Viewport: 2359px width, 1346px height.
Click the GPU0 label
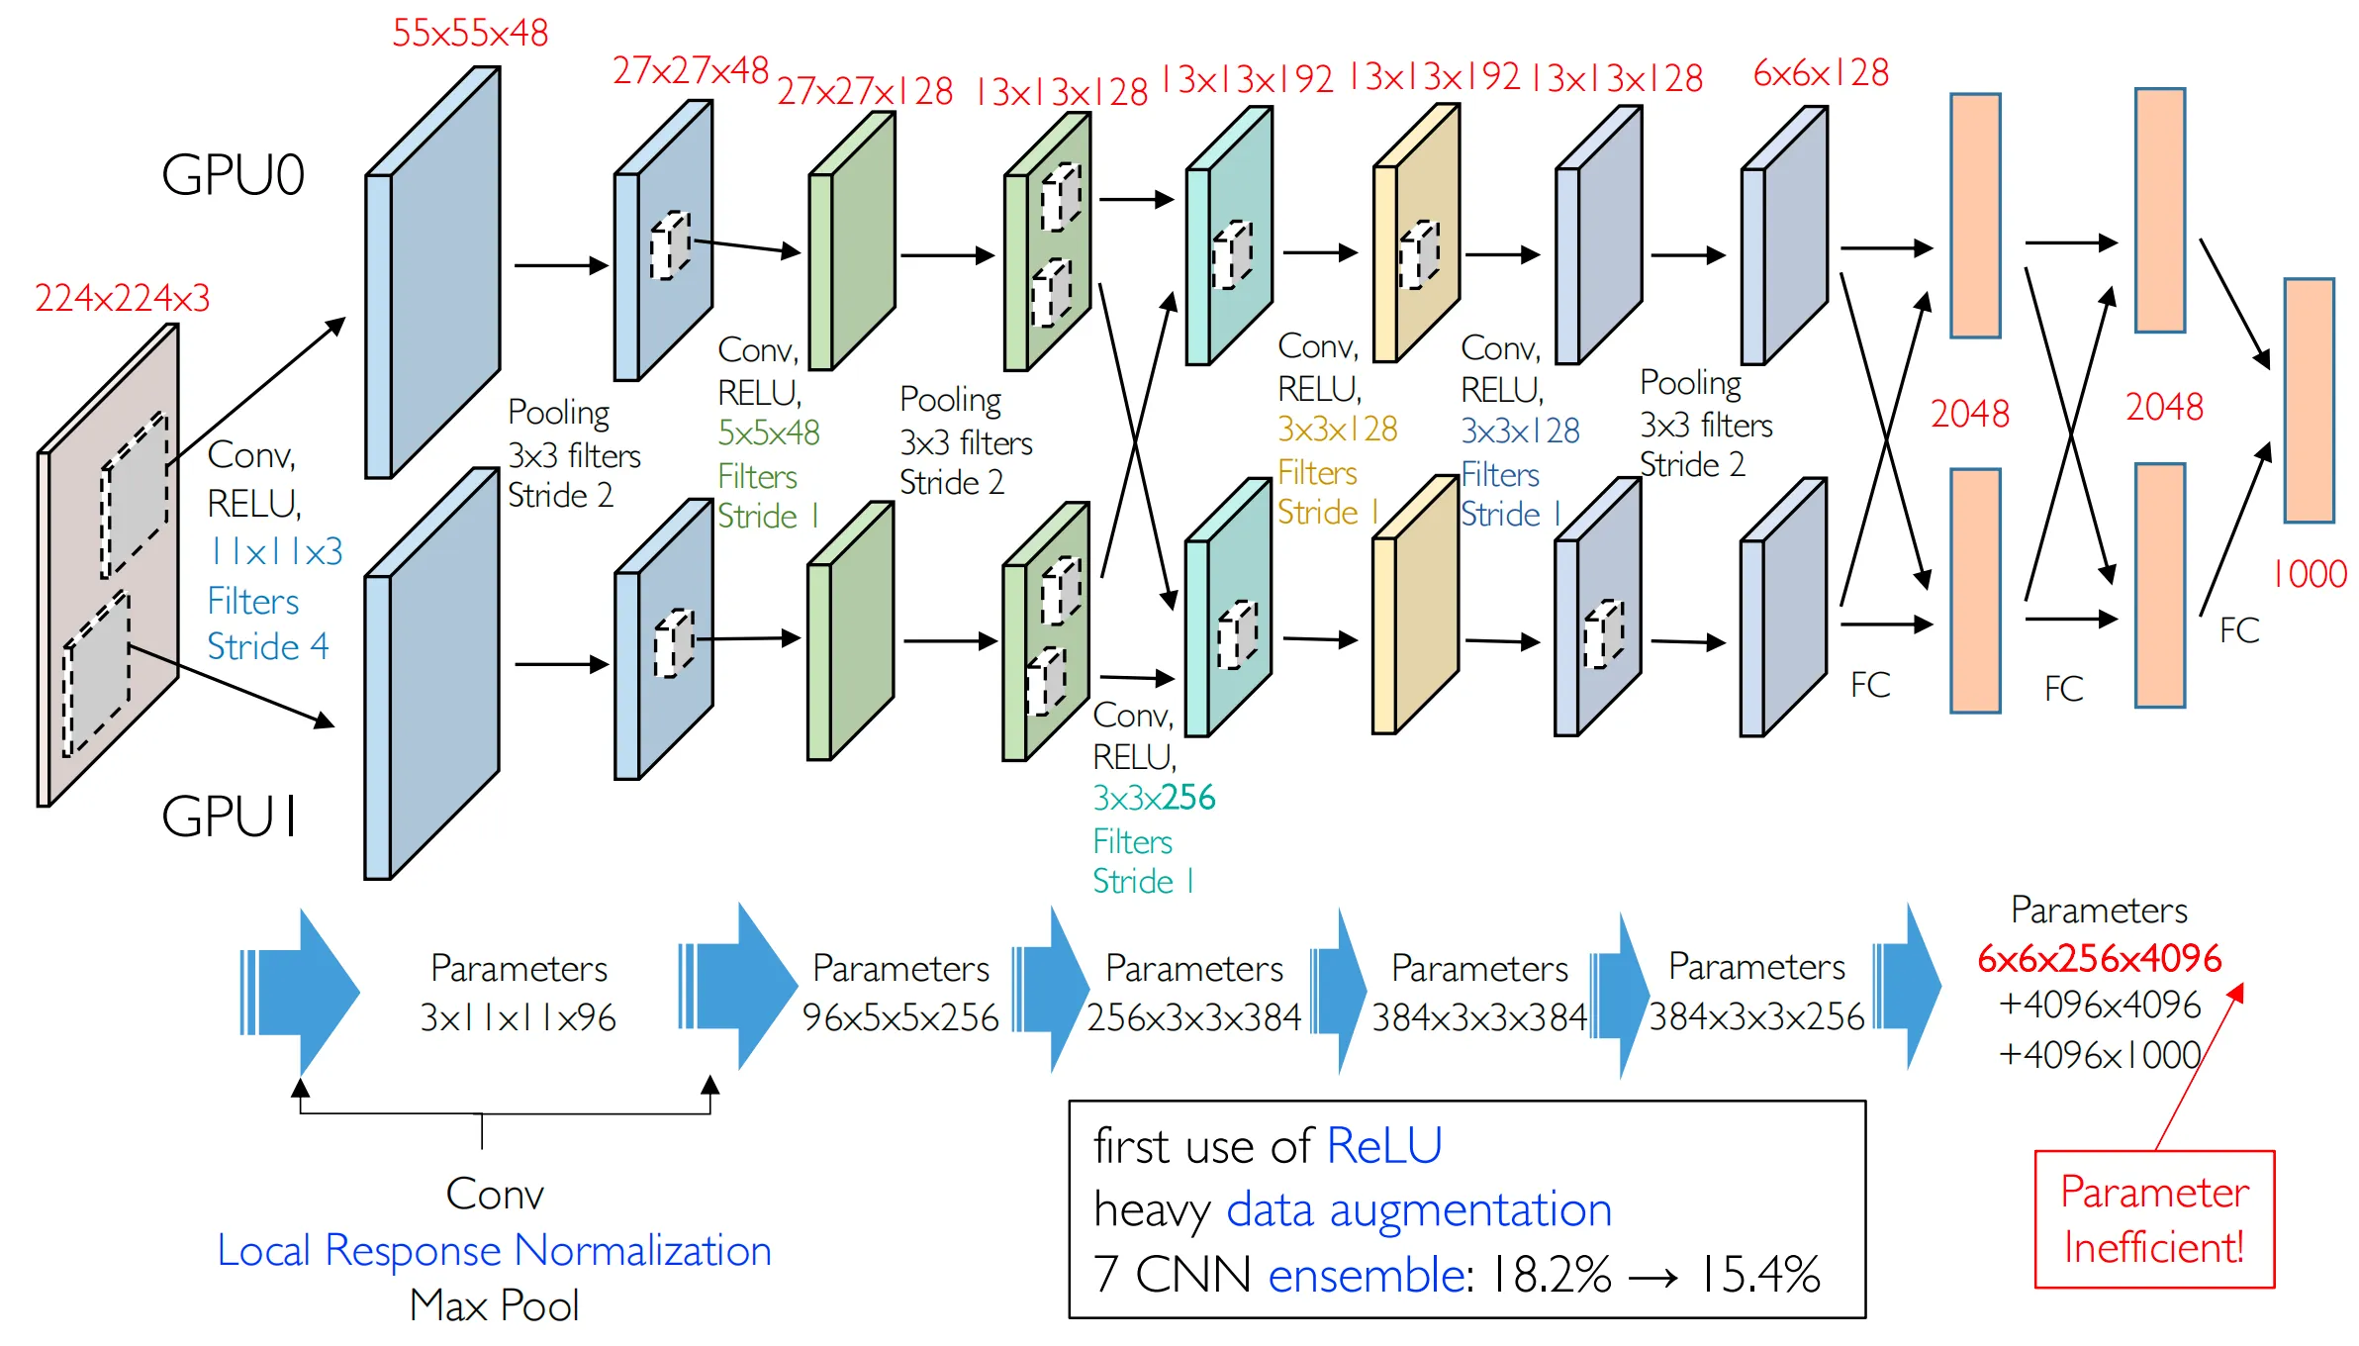click(233, 175)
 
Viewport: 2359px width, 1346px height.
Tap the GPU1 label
click(230, 817)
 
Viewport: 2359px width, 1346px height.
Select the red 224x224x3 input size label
click(123, 298)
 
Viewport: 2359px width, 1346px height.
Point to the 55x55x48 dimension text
click(470, 33)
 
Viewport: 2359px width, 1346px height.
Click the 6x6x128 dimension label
click(1821, 72)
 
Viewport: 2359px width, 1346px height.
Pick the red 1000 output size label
click(2310, 574)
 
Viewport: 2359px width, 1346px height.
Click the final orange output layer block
click(2309, 400)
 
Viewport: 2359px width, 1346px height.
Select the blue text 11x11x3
click(275, 551)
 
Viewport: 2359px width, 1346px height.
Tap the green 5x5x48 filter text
click(769, 433)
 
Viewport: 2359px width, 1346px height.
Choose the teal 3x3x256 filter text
click(1154, 798)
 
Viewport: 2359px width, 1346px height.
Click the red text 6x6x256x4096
click(2099, 958)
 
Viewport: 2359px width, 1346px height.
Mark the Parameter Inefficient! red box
click(2154, 1219)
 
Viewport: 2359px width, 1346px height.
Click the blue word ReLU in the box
click(1383, 1146)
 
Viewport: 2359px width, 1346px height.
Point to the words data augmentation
click(1419, 1210)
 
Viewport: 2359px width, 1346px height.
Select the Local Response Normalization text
click(494, 1251)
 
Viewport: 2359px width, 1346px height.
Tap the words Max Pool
click(494, 1305)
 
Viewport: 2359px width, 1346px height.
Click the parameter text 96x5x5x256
click(900, 1017)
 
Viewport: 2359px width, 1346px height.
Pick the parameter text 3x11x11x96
click(518, 1017)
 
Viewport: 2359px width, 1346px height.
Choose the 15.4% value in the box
click(1759, 1275)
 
